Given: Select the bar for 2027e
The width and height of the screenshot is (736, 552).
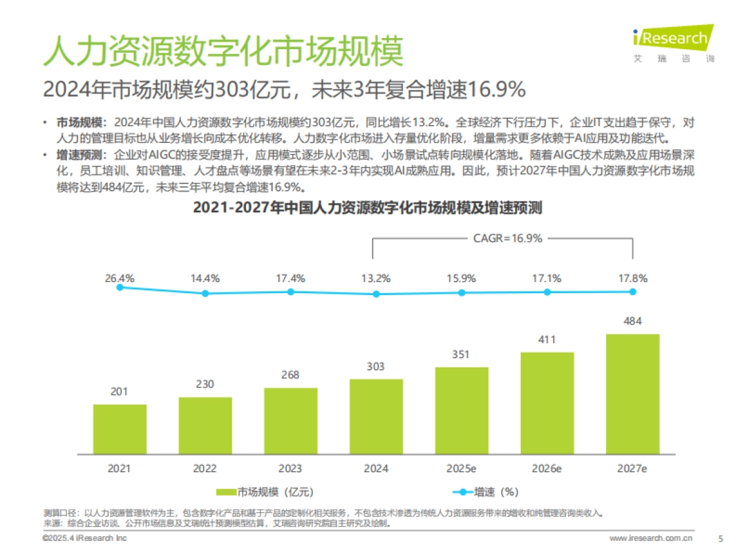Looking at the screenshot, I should [x=632, y=394].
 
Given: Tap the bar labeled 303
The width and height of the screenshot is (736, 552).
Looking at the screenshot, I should [x=376, y=416].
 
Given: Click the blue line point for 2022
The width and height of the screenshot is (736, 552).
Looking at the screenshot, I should [x=205, y=293].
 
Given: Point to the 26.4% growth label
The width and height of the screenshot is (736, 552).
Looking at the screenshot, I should [x=120, y=278].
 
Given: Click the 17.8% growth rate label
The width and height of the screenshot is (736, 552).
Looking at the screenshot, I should [x=632, y=278].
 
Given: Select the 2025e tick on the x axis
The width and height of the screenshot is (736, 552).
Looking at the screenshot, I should [x=461, y=469].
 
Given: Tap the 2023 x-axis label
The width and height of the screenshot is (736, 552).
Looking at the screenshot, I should [x=290, y=469].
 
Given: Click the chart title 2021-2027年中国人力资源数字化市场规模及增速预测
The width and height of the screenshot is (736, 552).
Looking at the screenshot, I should [x=367, y=208].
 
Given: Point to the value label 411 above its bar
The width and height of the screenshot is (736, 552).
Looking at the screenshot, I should [x=546, y=339].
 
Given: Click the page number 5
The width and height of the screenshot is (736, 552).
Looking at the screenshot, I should [x=720, y=539].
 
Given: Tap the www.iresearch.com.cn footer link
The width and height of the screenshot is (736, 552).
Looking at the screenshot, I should [x=651, y=539].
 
